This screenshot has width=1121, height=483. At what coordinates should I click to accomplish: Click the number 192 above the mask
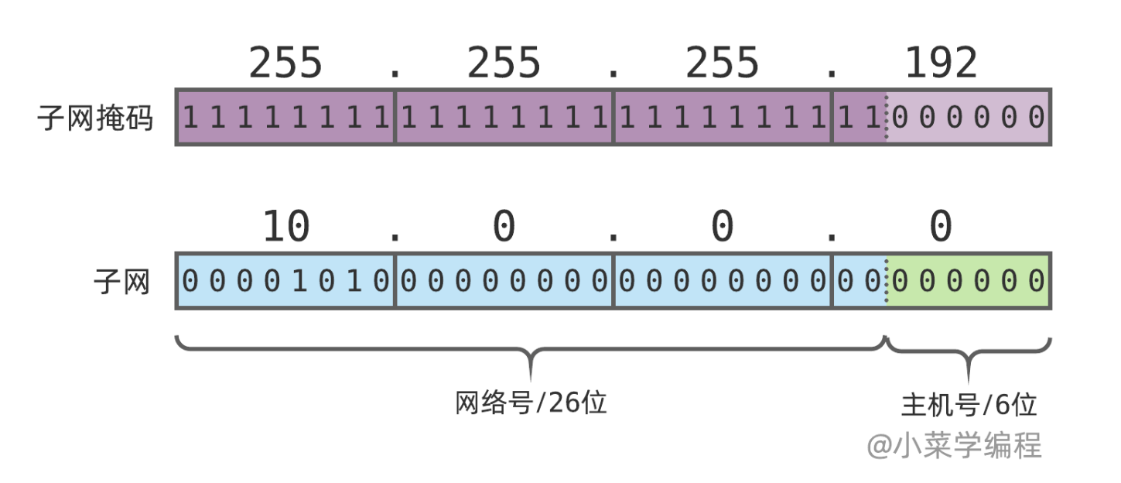click(941, 63)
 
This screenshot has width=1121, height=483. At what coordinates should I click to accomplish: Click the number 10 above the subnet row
click(286, 228)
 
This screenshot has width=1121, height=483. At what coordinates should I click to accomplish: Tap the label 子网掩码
click(96, 118)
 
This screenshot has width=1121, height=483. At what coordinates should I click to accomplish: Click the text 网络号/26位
click(531, 403)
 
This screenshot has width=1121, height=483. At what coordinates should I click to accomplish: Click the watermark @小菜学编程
click(955, 445)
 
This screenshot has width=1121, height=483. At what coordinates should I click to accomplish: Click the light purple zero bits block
click(968, 118)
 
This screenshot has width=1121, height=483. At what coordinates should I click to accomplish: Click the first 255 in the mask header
click(285, 63)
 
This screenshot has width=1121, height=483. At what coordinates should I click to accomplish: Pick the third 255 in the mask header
click(722, 63)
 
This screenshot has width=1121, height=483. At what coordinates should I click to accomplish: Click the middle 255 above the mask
click(504, 63)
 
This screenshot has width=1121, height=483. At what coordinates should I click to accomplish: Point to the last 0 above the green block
click(940, 228)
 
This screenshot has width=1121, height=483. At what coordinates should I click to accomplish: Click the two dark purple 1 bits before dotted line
click(860, 118)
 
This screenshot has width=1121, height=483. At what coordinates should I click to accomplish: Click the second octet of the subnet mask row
click(504, 118)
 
